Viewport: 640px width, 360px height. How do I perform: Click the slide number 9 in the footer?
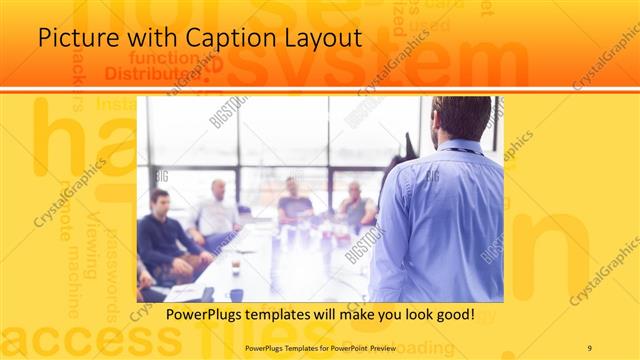click(589, 348)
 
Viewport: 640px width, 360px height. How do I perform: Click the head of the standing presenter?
click(462, 117)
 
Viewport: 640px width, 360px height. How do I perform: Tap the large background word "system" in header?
click(390, 63)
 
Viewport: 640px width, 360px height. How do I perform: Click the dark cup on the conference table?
click(236, 293)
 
